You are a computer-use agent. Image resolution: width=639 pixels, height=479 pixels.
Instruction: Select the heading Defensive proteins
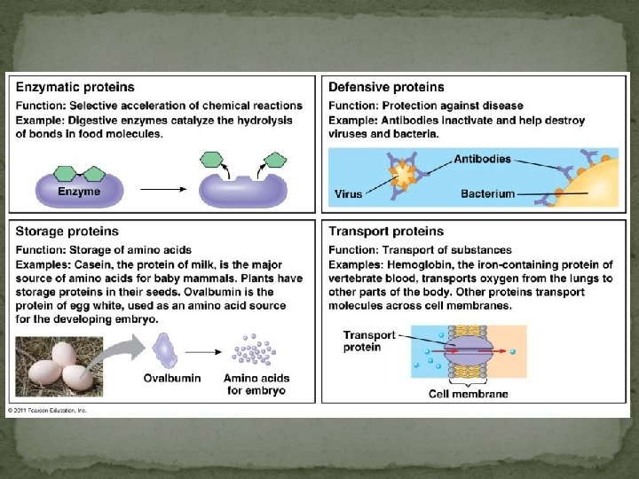pos(386,87)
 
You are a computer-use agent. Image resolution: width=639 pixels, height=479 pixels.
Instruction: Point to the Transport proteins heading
pos(386,232)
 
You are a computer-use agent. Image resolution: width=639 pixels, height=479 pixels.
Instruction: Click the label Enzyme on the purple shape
pos(79,191)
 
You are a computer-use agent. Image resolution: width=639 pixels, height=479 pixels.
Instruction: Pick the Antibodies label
pos(482,160)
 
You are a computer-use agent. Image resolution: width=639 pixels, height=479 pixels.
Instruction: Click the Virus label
pos(348,193)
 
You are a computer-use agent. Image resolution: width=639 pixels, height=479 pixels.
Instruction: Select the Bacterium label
pos(487,193)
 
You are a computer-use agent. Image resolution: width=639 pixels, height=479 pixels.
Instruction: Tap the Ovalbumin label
pos(172,379)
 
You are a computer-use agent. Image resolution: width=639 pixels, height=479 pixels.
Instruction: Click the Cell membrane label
pos(469,394)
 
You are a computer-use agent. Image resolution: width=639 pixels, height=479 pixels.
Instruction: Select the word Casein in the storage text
pos(87,265)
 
